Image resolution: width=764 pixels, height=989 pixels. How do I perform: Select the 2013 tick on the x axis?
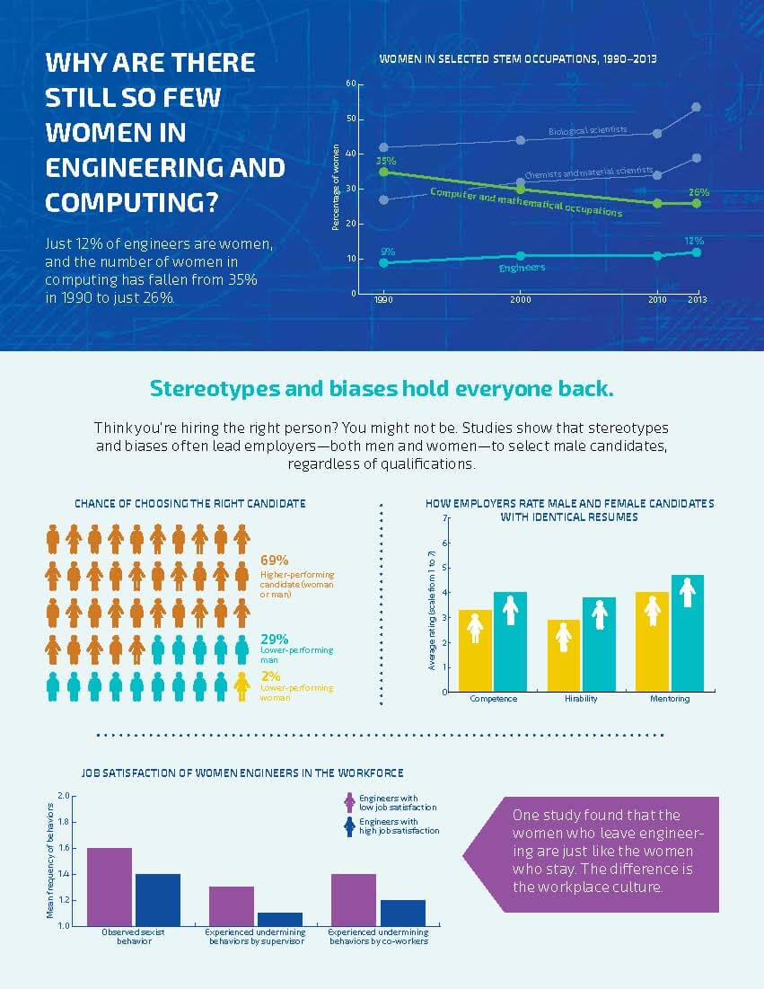point(696,301)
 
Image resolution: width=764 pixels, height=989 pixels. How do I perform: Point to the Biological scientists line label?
point(587,131)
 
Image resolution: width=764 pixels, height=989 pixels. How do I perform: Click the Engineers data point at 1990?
point(384,262)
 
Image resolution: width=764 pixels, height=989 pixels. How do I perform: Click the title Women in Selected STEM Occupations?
point(518,58)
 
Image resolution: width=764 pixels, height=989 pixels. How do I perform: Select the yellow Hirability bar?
point(563,655)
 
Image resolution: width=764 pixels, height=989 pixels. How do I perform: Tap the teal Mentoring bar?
point(687,632)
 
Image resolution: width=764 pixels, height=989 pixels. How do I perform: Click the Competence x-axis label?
point(493,699)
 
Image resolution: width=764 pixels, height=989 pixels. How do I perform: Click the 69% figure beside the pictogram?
point(273,561)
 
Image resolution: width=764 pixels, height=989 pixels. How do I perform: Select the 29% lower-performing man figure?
point(274,640)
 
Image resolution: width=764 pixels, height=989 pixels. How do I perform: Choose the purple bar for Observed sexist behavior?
point(110,886)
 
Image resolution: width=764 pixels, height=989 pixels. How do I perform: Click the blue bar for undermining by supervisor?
point(280,918)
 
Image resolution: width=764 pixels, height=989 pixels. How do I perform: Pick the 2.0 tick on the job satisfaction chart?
point(62,796)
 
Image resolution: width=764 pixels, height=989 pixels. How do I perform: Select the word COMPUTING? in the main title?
point(131,201)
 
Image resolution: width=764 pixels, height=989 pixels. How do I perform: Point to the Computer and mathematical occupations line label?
point(526,202)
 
